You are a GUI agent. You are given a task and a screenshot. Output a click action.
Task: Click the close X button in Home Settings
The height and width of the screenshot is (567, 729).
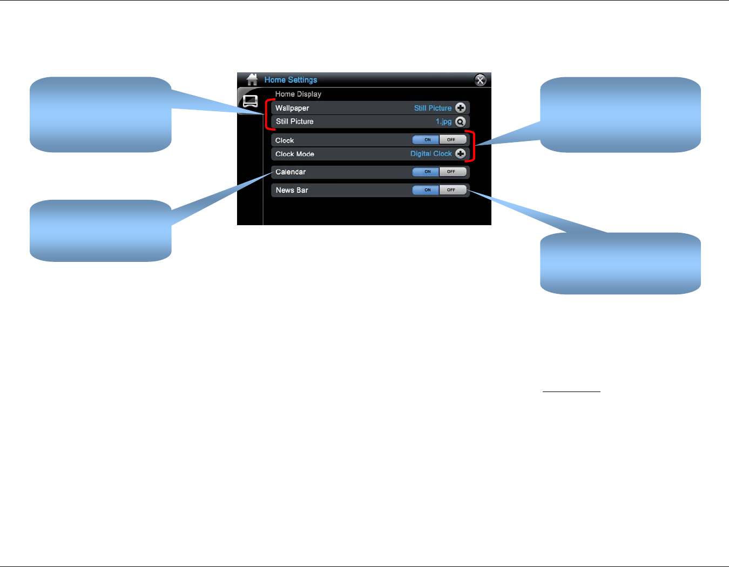480,80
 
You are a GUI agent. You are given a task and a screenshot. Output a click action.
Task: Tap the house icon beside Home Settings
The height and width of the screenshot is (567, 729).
252,80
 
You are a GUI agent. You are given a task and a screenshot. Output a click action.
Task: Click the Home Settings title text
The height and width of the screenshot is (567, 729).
291,80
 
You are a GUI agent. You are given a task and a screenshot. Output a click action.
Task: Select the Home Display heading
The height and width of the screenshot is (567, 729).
298,94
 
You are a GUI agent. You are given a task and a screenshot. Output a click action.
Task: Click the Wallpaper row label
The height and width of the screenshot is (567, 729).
292,108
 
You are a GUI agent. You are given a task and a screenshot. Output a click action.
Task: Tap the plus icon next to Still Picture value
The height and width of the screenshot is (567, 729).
461,108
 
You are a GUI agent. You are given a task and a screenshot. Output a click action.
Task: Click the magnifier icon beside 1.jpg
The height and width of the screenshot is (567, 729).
461,122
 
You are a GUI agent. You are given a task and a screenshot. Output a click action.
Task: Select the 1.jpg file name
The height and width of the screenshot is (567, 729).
443,122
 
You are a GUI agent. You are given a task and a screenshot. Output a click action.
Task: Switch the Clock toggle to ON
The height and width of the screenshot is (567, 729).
427,140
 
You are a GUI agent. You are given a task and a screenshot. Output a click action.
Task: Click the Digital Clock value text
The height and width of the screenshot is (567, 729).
431,154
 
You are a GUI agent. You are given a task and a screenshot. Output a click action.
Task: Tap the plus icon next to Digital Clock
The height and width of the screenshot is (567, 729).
461,154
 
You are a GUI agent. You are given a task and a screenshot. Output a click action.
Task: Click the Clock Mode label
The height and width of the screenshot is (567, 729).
295,154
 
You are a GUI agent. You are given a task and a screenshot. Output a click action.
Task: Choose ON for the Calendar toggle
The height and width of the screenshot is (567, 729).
427,172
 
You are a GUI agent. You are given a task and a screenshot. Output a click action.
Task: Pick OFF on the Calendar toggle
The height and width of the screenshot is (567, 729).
452,172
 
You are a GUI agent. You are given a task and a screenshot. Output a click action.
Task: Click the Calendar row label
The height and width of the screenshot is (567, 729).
291,172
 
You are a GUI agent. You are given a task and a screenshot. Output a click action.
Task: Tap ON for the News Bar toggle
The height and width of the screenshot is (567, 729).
427,190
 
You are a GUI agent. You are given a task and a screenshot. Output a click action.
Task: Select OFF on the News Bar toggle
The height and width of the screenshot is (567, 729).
452,190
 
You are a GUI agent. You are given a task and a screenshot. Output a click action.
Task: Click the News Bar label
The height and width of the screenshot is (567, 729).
292,190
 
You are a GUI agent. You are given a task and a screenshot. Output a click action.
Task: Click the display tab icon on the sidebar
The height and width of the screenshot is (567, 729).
250,102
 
